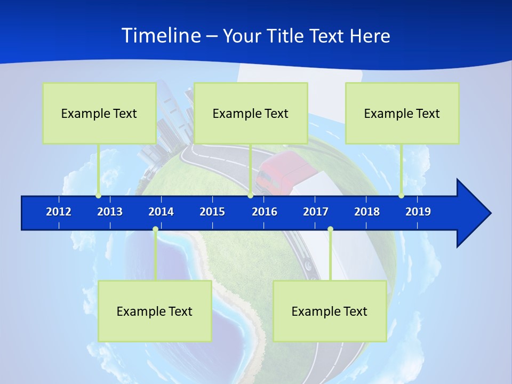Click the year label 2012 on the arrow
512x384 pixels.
pos(59,212)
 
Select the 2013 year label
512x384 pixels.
pos(110,212)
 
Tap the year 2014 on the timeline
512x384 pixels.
pos(161,212)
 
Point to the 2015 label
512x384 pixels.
pos(212,212)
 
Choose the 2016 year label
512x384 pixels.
pos(265,212)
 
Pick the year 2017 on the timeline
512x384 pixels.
pos(316,212)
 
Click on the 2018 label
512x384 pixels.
pos(367,212)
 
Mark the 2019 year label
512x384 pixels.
pos(418,212)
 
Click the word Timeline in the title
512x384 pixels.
pos(161,36)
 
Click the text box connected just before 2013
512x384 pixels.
pos(99,113)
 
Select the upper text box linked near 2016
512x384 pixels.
pos(251,113)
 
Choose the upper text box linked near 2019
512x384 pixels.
pos(402,113)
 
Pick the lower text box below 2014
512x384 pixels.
pos(155,311)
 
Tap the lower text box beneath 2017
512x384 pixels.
pos(330,311)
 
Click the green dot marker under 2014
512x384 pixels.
pos(155,229)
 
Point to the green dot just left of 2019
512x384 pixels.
pos(402,196)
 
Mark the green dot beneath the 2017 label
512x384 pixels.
pos(330,229)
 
